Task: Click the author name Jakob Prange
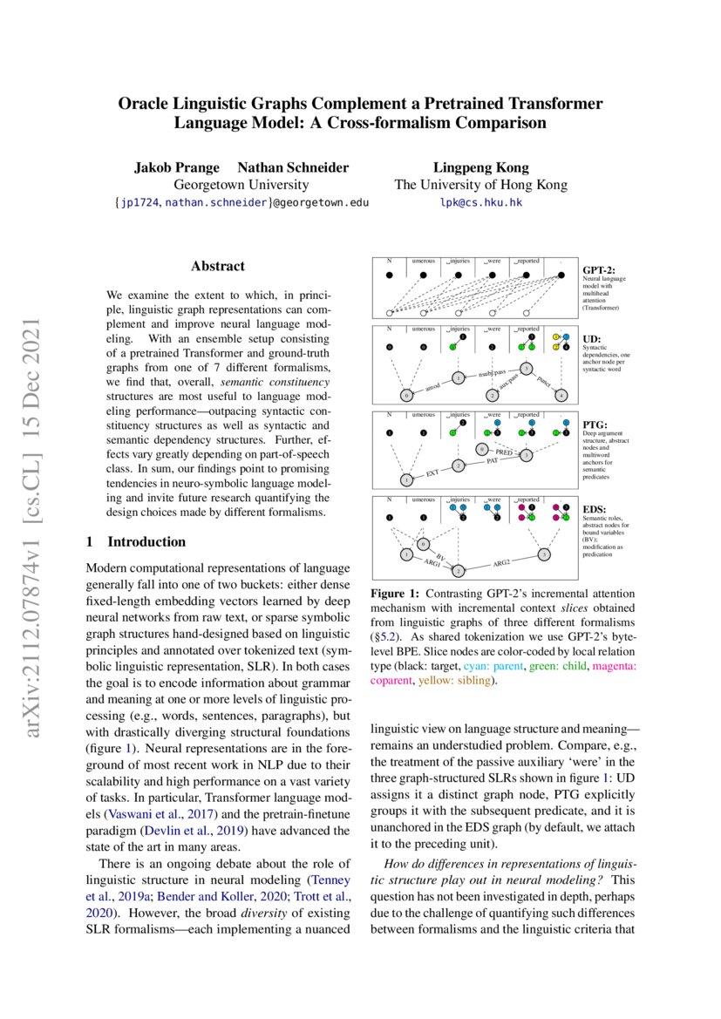click(x=176, y=167)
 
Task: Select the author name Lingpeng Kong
click(x=480, y=167)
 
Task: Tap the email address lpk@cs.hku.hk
click(x=480, y=201)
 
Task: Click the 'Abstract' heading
click(x=218, y=266)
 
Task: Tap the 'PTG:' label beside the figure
click(x=595, y=425)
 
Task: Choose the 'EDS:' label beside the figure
click(x=595, y=508)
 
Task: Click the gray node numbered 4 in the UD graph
click(x=561, y=395)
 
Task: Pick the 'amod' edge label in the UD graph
click(x=432, y=386)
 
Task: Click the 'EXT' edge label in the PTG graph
click(x=432, y=473)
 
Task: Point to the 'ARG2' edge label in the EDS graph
click(x=501, y=563)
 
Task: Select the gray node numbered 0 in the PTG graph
click(x=481, y=449)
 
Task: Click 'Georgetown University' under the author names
click(x=241, y=185)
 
